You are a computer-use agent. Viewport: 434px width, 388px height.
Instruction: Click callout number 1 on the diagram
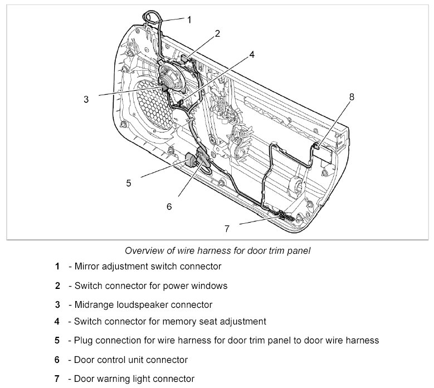pyautogui.click(x=189, y=19)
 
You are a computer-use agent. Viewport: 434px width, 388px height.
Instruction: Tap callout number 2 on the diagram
pyautogui.click(x=217, y=33)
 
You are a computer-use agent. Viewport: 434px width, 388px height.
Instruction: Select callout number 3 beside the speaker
pyautogui.click(x=86, y=100)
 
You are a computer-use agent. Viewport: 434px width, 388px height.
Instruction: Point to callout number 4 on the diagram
pyautogui.click(x=252, y=55)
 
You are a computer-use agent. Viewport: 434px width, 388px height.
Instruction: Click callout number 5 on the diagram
pyautogui.click(x=128, y=182)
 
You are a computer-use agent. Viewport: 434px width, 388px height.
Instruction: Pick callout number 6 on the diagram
pyautogui.click(x=169, y=206)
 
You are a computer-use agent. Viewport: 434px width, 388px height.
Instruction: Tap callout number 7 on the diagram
pyautogui.click(x=227, y=228)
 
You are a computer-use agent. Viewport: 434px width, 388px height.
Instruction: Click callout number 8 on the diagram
pyautogui.click(x=352, y=97)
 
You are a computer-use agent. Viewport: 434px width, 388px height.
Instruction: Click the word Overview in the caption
pyautogui.click(x=144, y=251)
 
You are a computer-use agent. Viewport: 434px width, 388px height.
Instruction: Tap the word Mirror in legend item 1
pyautogui.click(x=89, y=267)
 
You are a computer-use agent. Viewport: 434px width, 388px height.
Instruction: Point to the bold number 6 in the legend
pyautogui.click(x=57, y=360)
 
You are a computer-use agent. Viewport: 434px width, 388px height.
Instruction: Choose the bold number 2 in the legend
pyautogui.click(x=57, y=286)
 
